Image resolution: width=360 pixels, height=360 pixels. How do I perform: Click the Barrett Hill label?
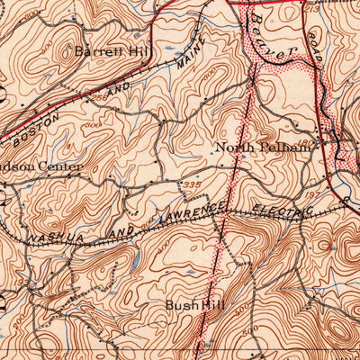(x=112, y=51)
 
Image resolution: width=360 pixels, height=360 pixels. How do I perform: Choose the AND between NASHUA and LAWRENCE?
(x=117, y=229)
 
